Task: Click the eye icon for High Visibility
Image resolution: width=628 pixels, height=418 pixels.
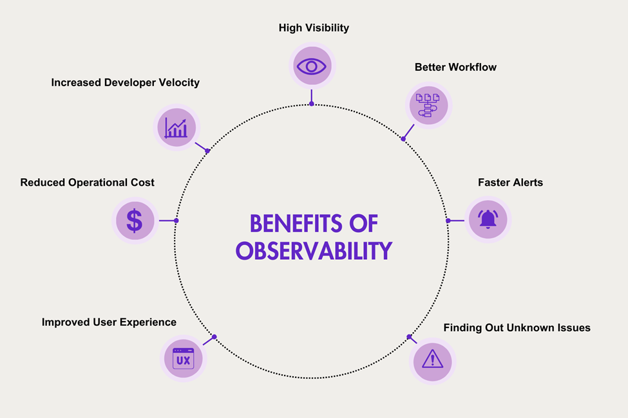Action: pos(312,66)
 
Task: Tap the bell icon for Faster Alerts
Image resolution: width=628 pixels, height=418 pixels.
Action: pos(488,220)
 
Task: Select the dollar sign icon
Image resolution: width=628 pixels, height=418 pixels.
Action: pos(135,221)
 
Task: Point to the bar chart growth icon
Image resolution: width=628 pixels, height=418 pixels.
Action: pos(176,127)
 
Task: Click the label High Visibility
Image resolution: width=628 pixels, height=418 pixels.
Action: pos(314,28)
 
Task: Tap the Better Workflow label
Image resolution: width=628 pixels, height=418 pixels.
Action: pos(455,67)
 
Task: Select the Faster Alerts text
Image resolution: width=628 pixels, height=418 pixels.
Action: pos(510,183)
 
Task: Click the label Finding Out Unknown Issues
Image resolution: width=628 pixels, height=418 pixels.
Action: pos(517,328)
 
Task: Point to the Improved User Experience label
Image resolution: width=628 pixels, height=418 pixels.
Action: pos(109,322)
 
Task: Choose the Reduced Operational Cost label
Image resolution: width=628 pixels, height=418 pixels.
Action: pos(87,183)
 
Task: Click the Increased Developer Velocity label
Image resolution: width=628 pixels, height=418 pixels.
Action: pos(125,82)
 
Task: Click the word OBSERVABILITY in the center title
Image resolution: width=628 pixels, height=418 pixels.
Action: pos(314,250)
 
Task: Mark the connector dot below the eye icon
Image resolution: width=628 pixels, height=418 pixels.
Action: pos(312,103)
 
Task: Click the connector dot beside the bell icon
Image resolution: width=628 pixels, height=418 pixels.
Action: pos(448,221)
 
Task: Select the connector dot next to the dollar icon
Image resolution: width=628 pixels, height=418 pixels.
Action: pos(176,221)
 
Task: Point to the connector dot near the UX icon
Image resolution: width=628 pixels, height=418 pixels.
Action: pos(214,336)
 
